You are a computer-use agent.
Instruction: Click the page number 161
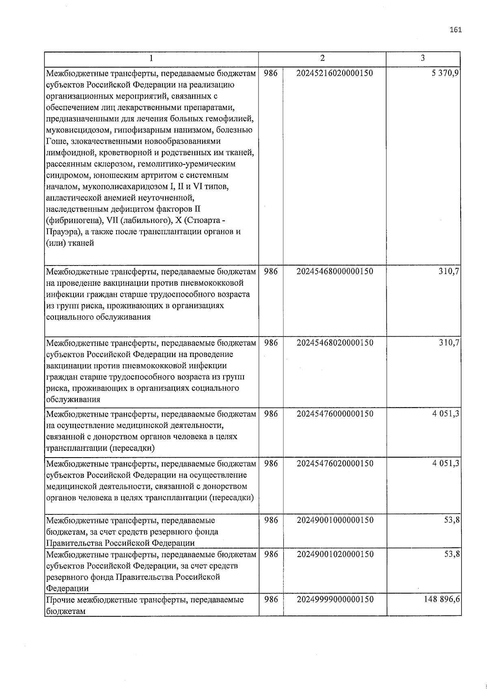tap(456, 30)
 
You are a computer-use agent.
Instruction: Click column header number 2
tap(322, 58)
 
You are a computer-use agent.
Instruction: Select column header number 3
tap(423, 58)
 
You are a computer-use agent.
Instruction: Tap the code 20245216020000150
tap(335, 73)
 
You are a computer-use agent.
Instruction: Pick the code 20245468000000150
tap(335, 271)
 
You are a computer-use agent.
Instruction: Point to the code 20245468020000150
tap(335, 343)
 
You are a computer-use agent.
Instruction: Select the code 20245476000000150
tap(335, 414)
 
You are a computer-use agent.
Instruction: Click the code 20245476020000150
tap(335, 463)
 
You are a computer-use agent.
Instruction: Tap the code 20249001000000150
tap(335, 520)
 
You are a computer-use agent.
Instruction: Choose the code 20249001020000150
tap(335, 554)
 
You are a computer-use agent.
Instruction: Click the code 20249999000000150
tap(335, 599)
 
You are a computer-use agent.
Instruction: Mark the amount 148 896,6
tap(441, 599)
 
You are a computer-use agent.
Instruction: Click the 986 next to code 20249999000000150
tap(271, 599)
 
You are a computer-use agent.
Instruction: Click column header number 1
tap(151, 58)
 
